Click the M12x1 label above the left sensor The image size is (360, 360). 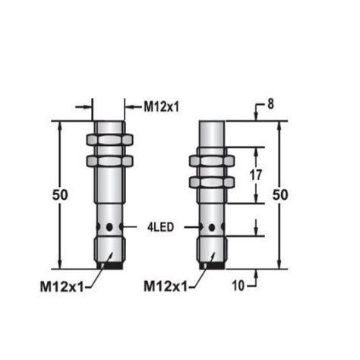point(162,106)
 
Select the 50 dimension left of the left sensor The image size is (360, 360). point(61,195)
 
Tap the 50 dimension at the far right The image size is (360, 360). point(280,195)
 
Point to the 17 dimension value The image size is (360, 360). point(256,175)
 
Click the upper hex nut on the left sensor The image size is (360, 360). point(110,141)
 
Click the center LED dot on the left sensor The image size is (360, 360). point(110,227)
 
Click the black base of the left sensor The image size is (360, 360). point(110,265)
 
